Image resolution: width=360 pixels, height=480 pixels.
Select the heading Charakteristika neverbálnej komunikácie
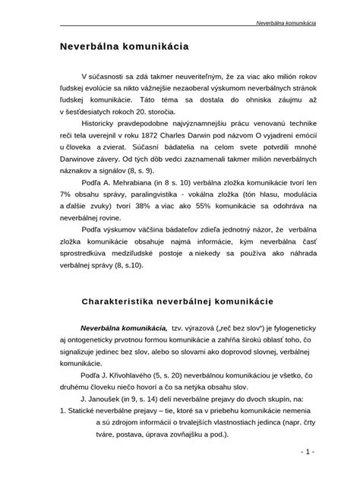point(182,300)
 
